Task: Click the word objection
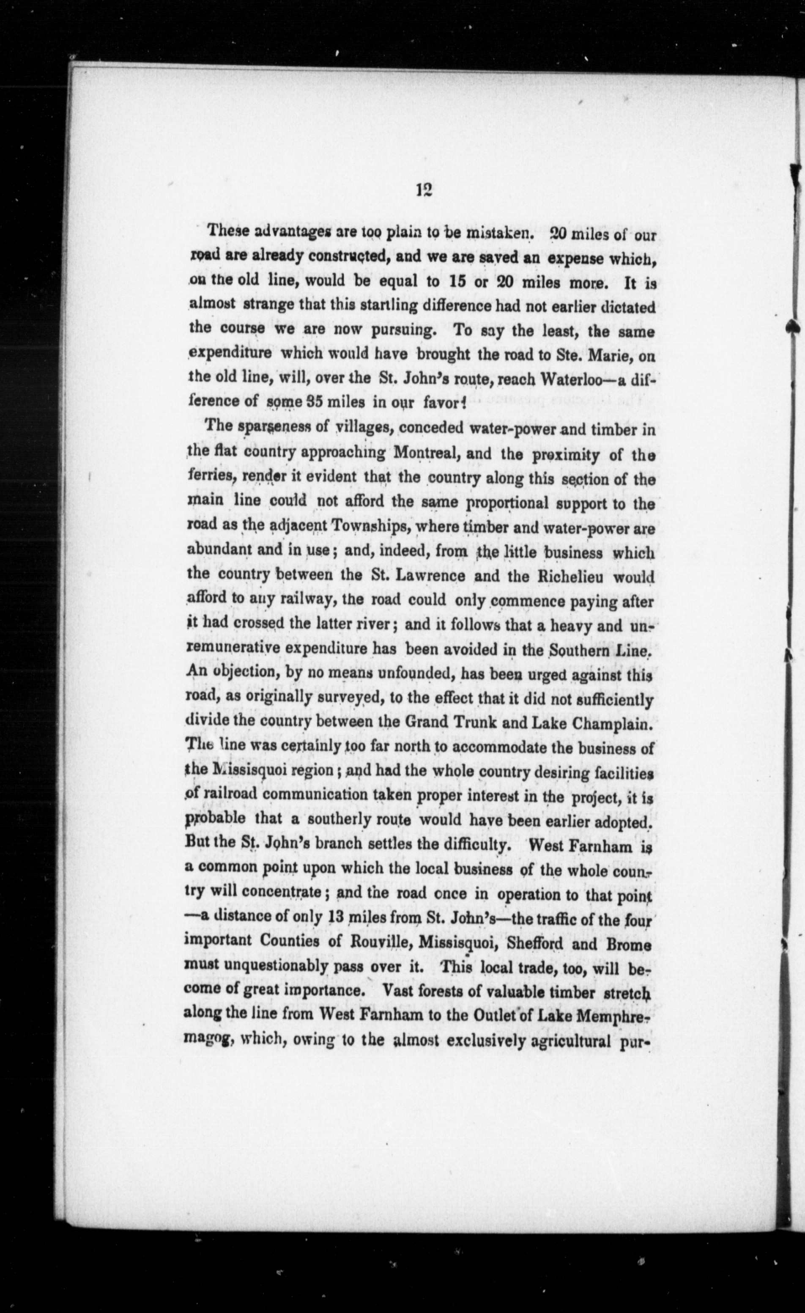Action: point(242,675)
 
